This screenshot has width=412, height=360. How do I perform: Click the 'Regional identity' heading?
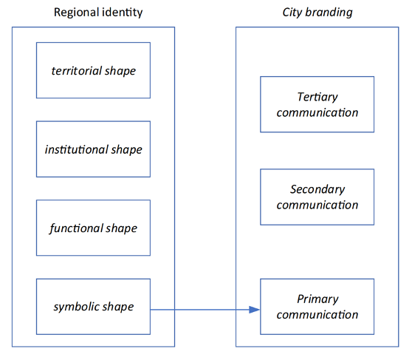[98, 13]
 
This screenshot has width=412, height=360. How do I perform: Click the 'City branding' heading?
[317, 13]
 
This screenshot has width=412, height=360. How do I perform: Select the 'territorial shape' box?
[93, 70]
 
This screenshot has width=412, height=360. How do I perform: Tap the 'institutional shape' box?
[93, 149]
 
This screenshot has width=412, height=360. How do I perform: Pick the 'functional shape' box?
[93, 228]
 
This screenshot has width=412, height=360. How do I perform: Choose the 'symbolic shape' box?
[93, 307]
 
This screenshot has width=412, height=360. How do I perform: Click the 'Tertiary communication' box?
[317, 104]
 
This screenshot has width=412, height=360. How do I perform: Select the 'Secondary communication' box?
[317, 197]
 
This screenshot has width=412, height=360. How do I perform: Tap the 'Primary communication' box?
[317, 307]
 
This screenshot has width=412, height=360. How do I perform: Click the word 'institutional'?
[77, 149]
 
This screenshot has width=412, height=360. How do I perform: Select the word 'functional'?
[76, 228]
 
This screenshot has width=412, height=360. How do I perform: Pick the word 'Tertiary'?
[317, 97]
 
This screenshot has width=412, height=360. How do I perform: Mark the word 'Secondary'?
[317, 189]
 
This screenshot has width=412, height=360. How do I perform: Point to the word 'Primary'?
[317, 299]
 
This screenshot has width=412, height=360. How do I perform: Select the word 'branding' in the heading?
[329, 13]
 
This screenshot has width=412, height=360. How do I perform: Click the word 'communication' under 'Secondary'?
[317, 205]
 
